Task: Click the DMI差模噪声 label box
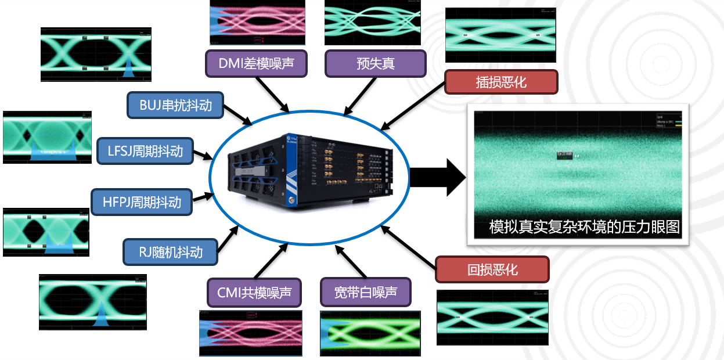tap(257, 63)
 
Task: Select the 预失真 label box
tap(375, 63)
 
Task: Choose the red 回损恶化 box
tap(492, 269)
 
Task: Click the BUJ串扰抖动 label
tap(175, 105)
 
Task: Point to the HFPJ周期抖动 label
tap(142, 201)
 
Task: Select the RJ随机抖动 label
tap(170, 251)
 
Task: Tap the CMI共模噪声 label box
tap(254, 292)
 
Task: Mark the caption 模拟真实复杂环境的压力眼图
tap(583, 226)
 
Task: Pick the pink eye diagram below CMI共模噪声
tap(251, 333)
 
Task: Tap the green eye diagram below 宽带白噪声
tap(370, 333)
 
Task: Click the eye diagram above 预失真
tap(372, 22)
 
